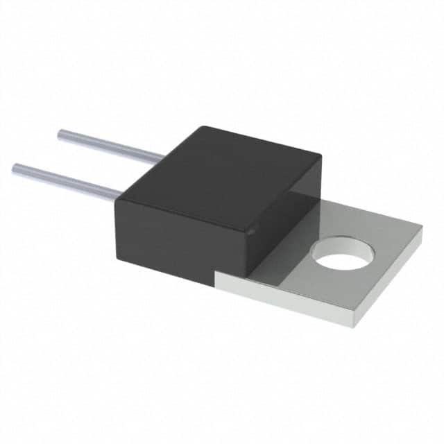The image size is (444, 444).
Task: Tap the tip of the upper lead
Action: coord(60,135)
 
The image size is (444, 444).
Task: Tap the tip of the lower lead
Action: coord(15,167)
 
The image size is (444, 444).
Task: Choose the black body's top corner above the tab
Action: coord(319,154)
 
